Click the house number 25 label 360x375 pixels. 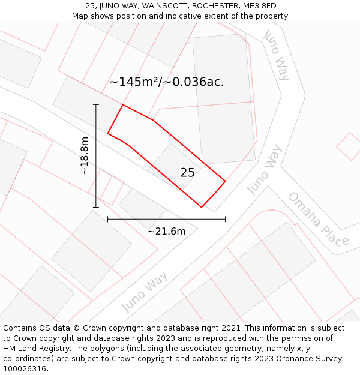(187, 173)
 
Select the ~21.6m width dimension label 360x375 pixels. (166, 231)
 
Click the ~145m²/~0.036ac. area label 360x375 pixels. (166, 82)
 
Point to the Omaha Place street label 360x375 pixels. (318, 220)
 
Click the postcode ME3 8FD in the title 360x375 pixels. (260, 6)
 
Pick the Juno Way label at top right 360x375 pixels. (277, 55)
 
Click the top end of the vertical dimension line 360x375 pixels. (96, 104)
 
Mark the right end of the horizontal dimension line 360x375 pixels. (225, 220)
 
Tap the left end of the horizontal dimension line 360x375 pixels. (108, 220)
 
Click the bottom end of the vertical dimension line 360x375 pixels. (96, 208)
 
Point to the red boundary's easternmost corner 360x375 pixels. (226, 181)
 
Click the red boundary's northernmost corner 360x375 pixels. (123, 105)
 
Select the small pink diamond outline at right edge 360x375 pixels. (349, 146)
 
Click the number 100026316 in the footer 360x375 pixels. (24, 369)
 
